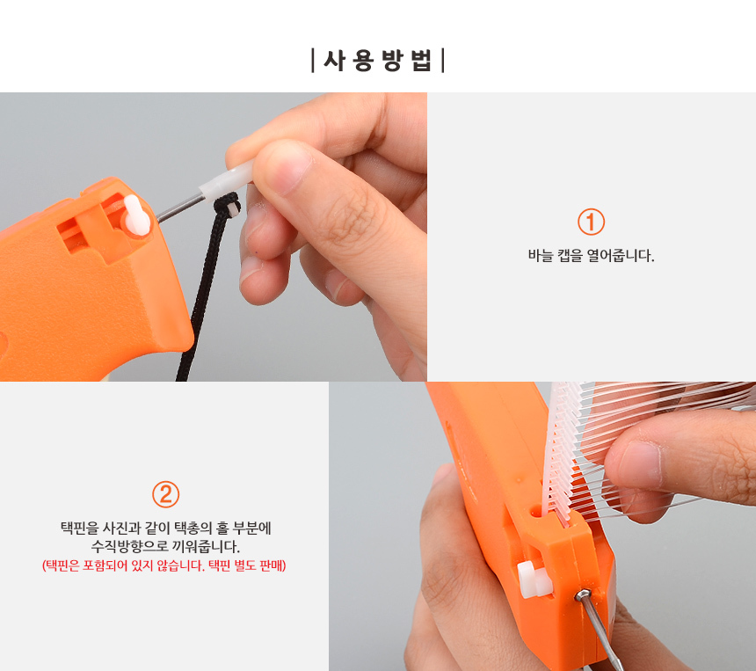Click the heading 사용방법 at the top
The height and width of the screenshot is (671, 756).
[x=377, y=61]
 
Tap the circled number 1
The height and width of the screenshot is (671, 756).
[x=591, y=222]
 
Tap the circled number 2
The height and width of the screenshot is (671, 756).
[x=166, y=494]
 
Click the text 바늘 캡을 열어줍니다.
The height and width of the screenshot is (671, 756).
[x=591, y=255]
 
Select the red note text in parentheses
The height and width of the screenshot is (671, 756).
[x=164, y=565]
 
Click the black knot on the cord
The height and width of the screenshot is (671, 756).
[x=227, y=206]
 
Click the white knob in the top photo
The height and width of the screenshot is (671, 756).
[x=136, y=216]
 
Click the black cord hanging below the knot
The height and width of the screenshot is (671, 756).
[x=199, y=299]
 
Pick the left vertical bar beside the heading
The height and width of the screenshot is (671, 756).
[x=313, y=61]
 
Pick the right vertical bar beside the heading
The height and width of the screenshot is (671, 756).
[x=443, y=61]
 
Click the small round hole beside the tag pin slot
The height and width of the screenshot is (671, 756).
[x=536, y=510]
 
